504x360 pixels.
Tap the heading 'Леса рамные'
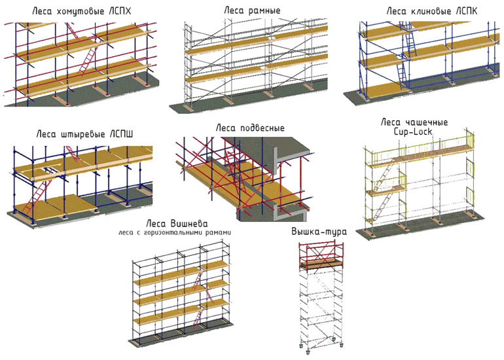(x=252, y=11)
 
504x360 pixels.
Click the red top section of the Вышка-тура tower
(x=321, y=256)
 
